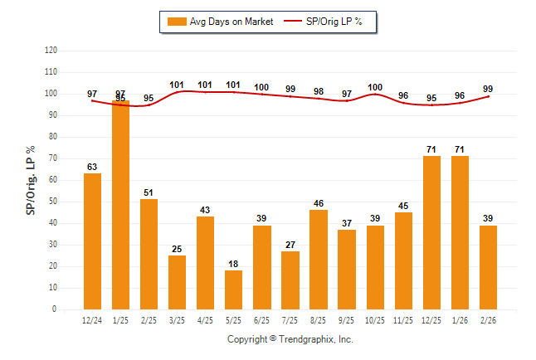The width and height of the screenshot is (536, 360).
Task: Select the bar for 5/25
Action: click(234, 289)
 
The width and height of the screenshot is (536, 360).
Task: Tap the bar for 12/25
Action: click(431, 232)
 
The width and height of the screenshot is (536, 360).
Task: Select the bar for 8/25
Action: click(319, 260)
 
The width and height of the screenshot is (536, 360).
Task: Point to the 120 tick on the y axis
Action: click(51, 51)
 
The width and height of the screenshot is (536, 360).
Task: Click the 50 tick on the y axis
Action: click(52, 202)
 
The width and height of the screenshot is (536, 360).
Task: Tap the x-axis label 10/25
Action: click(375, 320)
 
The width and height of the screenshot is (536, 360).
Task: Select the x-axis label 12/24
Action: click(93, 320)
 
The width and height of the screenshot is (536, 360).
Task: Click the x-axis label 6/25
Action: click(262, 320)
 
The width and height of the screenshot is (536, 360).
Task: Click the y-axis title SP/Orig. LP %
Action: click(32, 179)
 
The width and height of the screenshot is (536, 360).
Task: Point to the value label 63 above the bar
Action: click(93, 167)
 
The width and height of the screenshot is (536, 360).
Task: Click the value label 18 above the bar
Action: click(234, 264)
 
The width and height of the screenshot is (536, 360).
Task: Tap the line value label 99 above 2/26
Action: click(488, 88)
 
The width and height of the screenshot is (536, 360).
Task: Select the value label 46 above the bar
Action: click(319, 203)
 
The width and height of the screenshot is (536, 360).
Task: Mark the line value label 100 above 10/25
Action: click(375, 87)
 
